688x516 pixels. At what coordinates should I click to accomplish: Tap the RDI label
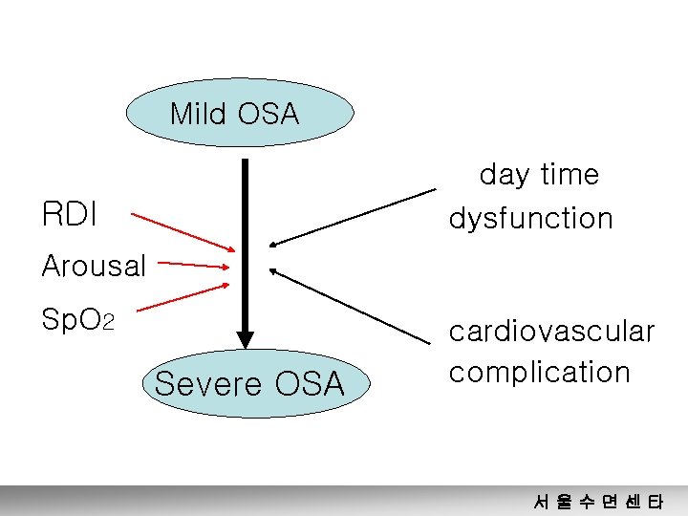[70, 214]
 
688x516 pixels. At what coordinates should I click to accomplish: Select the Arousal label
[94, 266]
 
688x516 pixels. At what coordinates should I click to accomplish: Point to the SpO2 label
[77, 319]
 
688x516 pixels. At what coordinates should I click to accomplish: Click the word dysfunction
[530, 219]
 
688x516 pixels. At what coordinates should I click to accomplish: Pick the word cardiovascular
[551, 332]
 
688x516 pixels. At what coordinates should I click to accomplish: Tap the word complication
[539, 372]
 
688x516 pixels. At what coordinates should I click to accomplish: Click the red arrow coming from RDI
[182, 232]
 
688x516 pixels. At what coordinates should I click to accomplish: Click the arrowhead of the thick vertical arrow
[246, 339]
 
